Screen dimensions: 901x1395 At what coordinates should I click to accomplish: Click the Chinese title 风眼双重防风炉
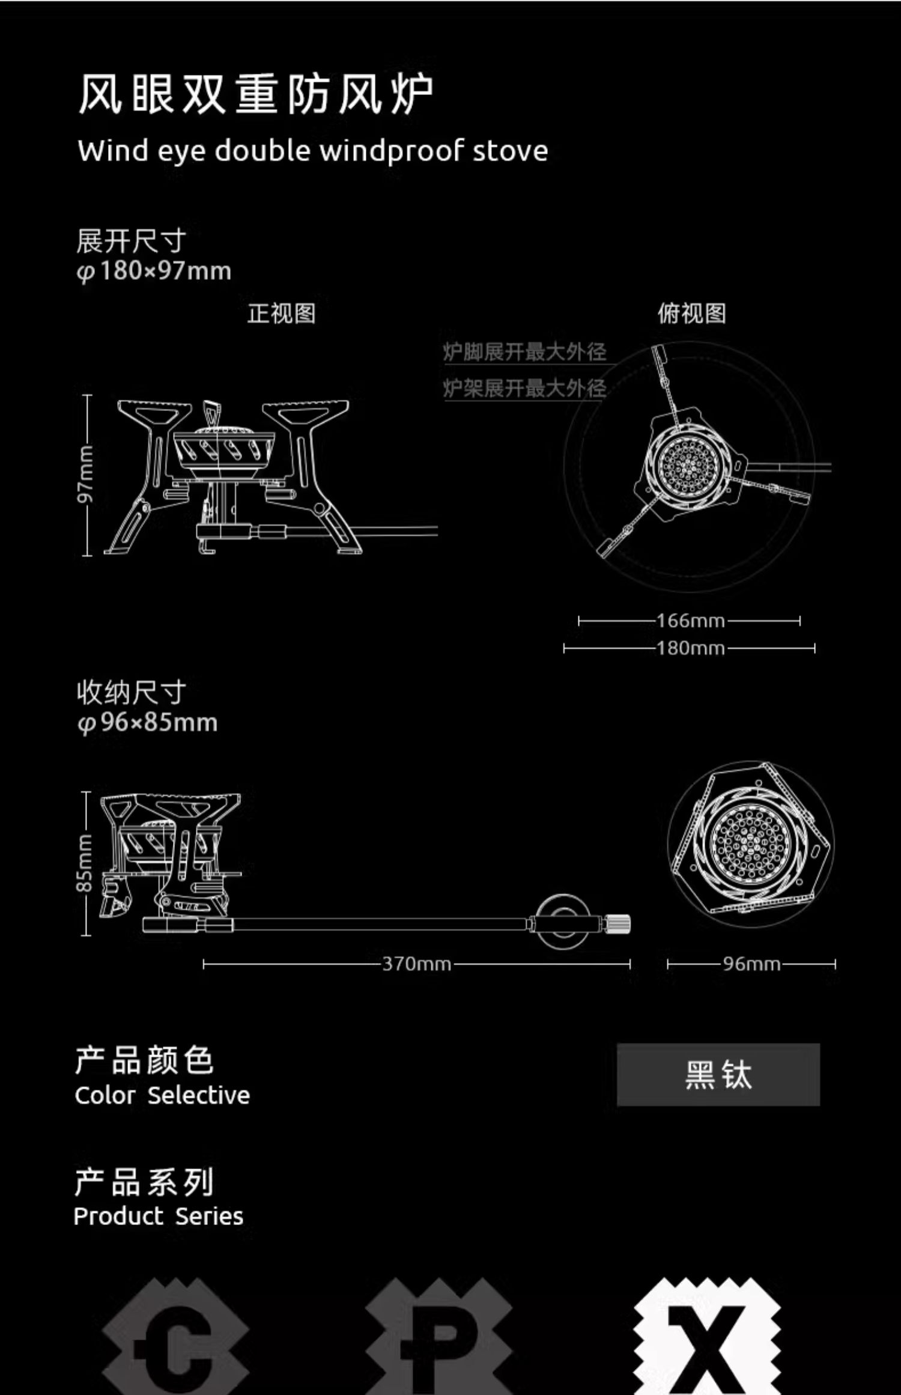[x=255, y=94]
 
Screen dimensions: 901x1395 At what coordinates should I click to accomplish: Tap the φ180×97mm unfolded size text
[x=154, y=271]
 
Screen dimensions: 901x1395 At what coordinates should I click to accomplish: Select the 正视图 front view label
[x=281, y=313]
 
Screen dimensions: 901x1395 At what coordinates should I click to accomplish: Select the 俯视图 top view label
[x=691, y=313]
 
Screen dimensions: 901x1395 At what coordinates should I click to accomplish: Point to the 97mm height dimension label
[x=86, y=474]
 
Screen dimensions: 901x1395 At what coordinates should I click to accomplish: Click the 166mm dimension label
[x=690, y=621]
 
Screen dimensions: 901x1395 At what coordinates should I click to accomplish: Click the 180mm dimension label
[x=690, y=648]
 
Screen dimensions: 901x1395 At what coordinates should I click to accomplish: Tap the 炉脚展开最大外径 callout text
[x=524, y=351]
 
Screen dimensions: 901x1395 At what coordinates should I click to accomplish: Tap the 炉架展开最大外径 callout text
[x=524, y=388]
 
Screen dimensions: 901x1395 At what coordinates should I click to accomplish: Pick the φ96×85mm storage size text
[x=147, y=722]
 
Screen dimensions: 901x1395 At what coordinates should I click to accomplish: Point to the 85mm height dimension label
[x=85, y=863]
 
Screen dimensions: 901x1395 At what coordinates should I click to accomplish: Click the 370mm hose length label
[x=416, y=964]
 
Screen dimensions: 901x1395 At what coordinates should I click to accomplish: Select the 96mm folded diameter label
[x=751, y=964]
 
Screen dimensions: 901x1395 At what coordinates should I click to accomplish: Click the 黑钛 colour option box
[x=718, y=1075]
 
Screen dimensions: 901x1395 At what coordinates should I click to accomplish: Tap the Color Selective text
[x=162, y=1095]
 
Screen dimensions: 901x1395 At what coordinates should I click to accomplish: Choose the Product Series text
[x=158, y=1217]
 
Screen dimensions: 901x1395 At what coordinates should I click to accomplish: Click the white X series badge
[x=707, y=1340]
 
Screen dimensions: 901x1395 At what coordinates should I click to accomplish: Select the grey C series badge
[x=175, y=1340]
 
